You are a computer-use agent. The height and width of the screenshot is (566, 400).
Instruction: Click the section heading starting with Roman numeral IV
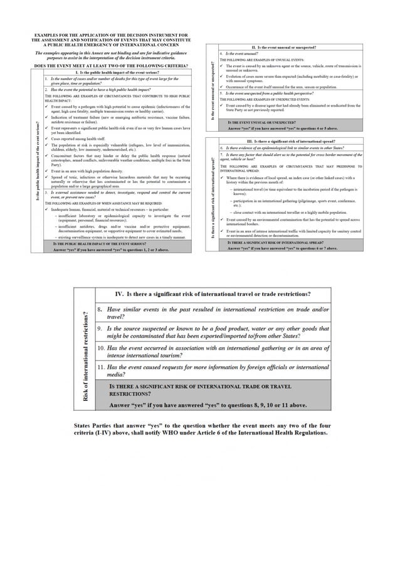pos(213,294)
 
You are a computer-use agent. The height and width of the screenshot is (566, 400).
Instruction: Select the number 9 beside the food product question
pos(100,328)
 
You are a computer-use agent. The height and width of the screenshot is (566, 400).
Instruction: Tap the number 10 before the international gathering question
pos(101,347)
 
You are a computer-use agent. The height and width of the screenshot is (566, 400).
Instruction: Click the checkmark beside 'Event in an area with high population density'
pos(47,170)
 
